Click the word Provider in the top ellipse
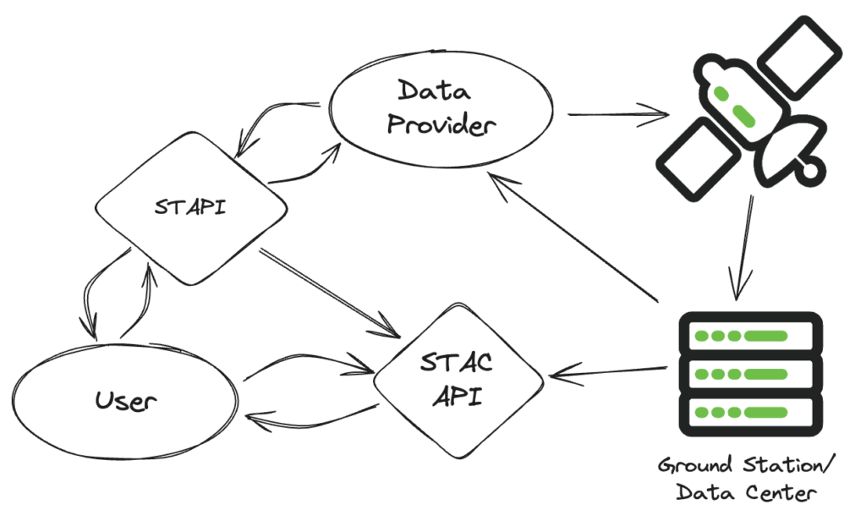click(x=439, y=127)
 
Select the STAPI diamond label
click(x=190, y=206)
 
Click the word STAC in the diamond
click(x=458, y=364)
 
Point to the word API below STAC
click(x=458, y=396)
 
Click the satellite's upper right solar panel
click(x=799, y=59)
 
